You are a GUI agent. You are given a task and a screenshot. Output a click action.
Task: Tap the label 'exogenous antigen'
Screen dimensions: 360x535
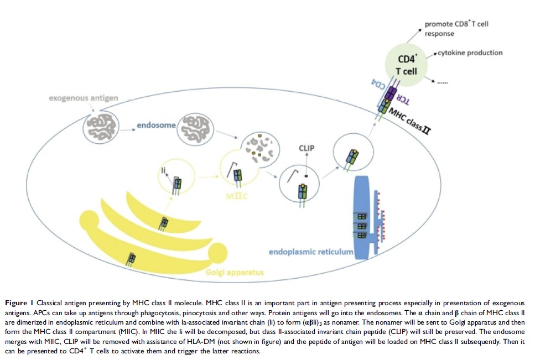click(x=83, y=98)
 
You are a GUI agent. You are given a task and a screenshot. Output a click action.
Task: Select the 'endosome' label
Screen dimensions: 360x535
click(x=157, y=126)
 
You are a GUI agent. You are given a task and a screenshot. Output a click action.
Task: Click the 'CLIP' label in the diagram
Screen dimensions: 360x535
click(x=307, y=148)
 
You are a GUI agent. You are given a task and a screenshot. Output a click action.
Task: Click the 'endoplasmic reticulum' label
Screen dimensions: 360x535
click(x=311, y=252)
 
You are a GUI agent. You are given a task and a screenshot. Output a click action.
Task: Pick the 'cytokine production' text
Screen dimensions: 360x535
click(x=470, y=53)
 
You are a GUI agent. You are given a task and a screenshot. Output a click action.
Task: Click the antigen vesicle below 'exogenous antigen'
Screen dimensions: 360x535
click(x=102, y=127)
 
